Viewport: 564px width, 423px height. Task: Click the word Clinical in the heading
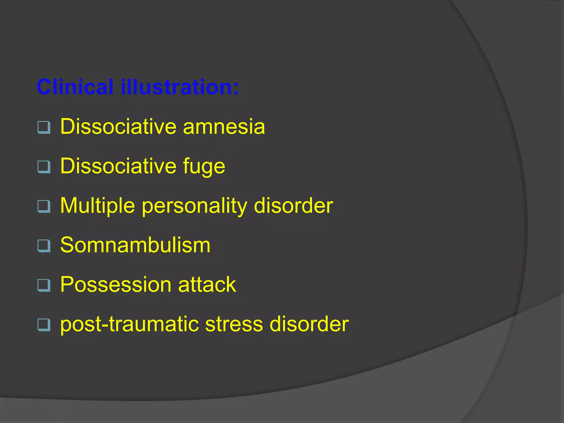[x=75, y=87]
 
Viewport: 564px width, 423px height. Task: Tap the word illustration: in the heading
[x=180, y=87]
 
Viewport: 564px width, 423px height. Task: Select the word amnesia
[x=224, y=127]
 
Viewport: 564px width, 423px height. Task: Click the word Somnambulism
[x=135, y=245]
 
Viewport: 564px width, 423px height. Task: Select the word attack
[x=207, y=284]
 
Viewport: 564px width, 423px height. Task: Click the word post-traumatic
[x=129, y=324]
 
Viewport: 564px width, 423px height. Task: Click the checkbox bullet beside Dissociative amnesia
[x=44, y=128]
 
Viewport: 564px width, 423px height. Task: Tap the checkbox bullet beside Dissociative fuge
[x=44, y=167]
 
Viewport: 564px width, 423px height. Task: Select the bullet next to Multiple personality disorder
[x=44, y=206]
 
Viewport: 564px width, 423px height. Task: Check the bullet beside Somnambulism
[x=44, y=246]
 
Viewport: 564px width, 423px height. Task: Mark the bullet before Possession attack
[x=44, y=285]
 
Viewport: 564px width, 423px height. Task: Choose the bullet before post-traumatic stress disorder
[x=44, y=325]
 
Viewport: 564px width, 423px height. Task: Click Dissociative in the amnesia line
[x=118, y=127]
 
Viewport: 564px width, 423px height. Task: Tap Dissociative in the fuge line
[x=118, y=166]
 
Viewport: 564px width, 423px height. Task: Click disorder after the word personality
[x=293, y=206]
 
